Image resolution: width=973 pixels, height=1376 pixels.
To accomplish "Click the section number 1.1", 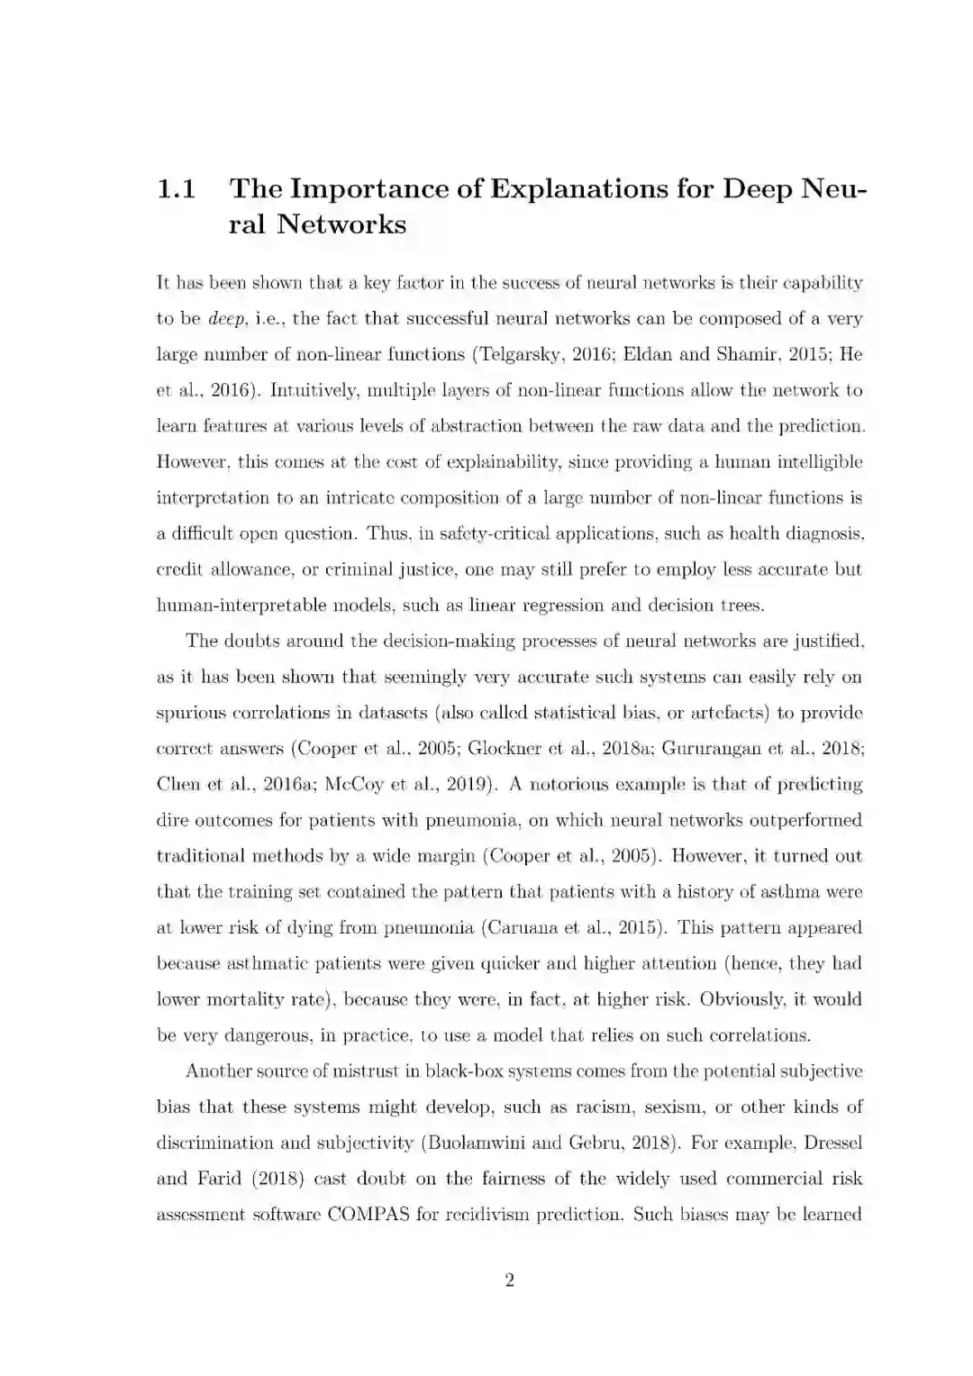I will (177, 189).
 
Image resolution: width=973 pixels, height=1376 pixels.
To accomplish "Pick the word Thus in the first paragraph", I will (389, 533).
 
